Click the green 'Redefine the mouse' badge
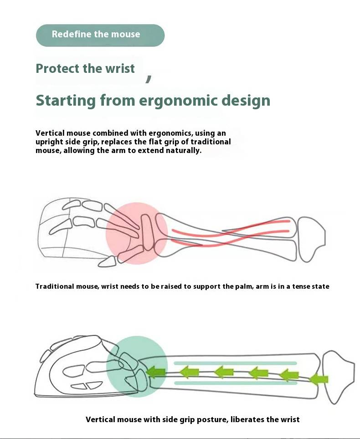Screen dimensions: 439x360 click(100, 35)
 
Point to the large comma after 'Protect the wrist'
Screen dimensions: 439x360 click(149, 79)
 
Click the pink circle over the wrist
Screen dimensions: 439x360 click(136, 233)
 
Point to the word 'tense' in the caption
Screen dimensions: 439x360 click(301, 286)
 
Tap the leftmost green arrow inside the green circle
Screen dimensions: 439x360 click(156, 372)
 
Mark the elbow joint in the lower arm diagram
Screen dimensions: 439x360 click(337, 369)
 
